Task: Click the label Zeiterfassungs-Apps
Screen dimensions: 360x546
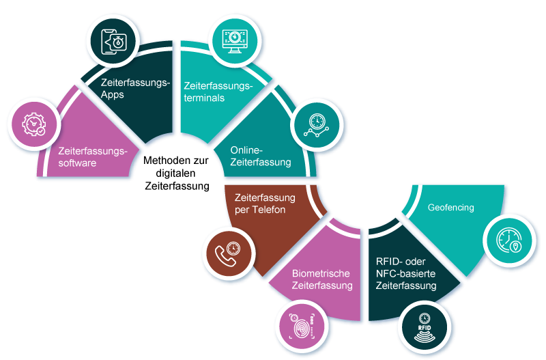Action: tap(134, 88)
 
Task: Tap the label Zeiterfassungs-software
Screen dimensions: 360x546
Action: tap(93, 156)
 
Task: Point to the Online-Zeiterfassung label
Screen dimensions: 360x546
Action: tap(261, 156)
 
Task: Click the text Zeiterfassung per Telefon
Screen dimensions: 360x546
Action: tap(260, 204)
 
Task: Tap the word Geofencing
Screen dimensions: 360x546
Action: tap(450, 207)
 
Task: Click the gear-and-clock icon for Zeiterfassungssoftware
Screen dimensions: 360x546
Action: tap(33, 124)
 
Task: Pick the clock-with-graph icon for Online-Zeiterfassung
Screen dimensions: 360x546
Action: tap(316, 124)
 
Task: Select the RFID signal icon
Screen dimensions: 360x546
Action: tap(424, 325)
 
